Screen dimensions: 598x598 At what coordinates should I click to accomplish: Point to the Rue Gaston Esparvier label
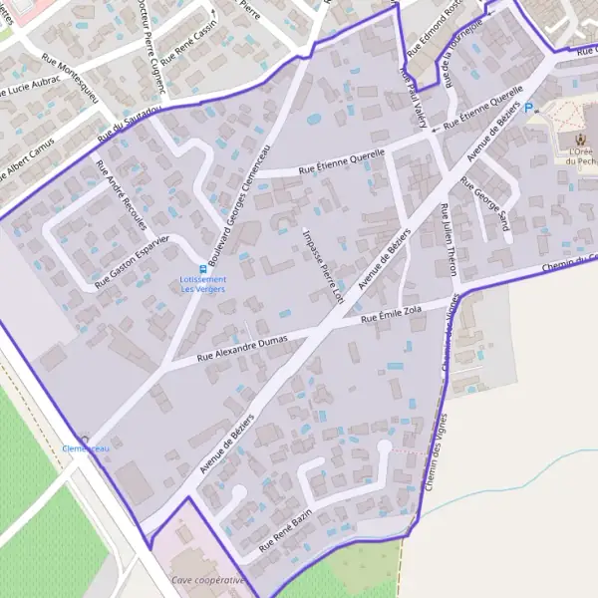[x=134, y=262]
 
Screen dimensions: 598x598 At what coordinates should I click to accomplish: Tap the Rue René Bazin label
[x=286, y=529]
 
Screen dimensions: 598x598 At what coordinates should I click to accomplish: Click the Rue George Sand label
[x=485, y=204]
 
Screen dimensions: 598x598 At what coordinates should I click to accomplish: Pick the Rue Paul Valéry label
[x=413, y=97]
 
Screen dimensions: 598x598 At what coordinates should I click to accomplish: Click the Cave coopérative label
[x=207, y=580]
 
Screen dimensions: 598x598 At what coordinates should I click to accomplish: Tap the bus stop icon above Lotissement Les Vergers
[x=203, y=267]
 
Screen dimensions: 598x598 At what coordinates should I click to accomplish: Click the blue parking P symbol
[x=529, y=108]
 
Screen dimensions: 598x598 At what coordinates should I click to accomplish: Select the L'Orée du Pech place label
[x=578, y=154]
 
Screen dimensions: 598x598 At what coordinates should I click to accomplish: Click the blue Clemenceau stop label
[x=86, y=449]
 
